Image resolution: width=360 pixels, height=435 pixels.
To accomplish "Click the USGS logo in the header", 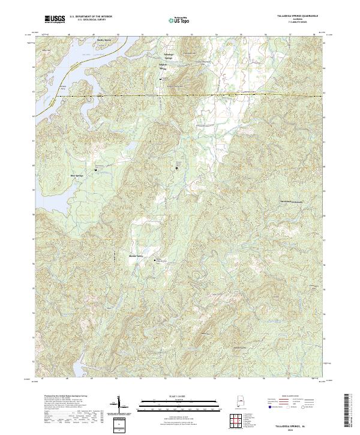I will [x=55, y=20].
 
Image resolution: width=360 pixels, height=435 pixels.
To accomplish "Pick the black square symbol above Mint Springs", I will [x=94, y=169].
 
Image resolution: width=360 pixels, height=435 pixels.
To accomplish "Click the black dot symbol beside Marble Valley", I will [x=155, y=260].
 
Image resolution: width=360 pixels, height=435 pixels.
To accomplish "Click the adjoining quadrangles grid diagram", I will [x=237, y=422].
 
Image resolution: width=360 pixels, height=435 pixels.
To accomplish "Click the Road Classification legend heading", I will [x=290, y=397].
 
